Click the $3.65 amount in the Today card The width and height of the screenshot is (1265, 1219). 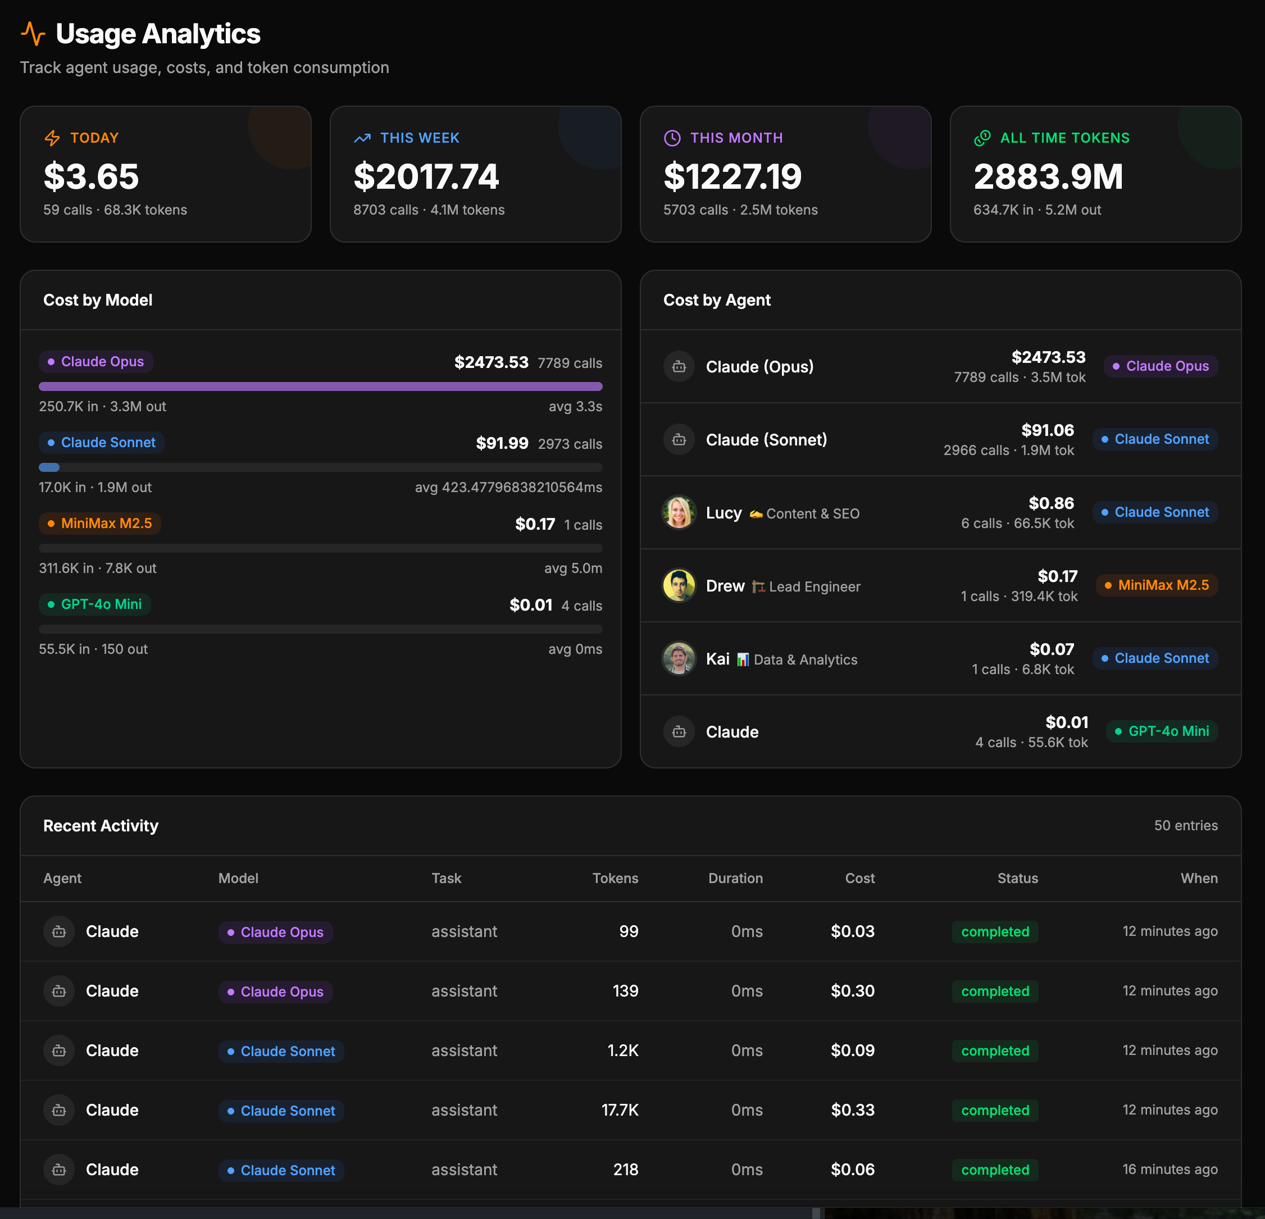pyautogui.click(x=91, y=176)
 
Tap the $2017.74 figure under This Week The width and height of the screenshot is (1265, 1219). pyautogui.click(x=426, y=176)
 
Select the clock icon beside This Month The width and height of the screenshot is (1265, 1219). pyautogui.click(x=672, y=138)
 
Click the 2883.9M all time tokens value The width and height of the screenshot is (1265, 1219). pyautogui.click(x=1048, y=176)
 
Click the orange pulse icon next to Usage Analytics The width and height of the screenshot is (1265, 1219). pyautogui.click(x=33, y=34)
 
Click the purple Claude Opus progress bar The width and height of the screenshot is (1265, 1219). pyautogui.click(x=320, y=386)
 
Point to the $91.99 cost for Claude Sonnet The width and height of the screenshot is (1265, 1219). pyautogui.click(x=502, y=443)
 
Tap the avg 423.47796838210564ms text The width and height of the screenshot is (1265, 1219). pyautogui.click(x=508, y=487)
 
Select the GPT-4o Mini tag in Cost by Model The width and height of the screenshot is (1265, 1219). pyautogui.click(x=95, y=604)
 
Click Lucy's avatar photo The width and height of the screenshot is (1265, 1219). pyautogui.click(x=679, y=512)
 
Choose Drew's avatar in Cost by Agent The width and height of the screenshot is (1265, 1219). pyautogui.click(x=679, y=585)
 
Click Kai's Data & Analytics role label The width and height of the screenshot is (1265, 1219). pyautogui.click(x=805, y=659)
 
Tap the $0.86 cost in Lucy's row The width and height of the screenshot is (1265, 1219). pyautogui.click(x=1051, y=503)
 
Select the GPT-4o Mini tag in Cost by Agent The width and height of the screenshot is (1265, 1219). pyautogui.click(x=1162, y=731)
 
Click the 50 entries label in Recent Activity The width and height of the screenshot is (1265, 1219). pyautogui.click(x=1185, y=825)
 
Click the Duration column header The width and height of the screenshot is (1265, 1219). pyautogui.click(x=735, y=878)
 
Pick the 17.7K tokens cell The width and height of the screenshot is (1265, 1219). pyautogui.click(x=620, y=1110)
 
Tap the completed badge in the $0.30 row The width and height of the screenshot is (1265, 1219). pyautogui.click(x=995, y=991)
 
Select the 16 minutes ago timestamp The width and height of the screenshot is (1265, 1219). pyautogui.click(x=1170, y=1170)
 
